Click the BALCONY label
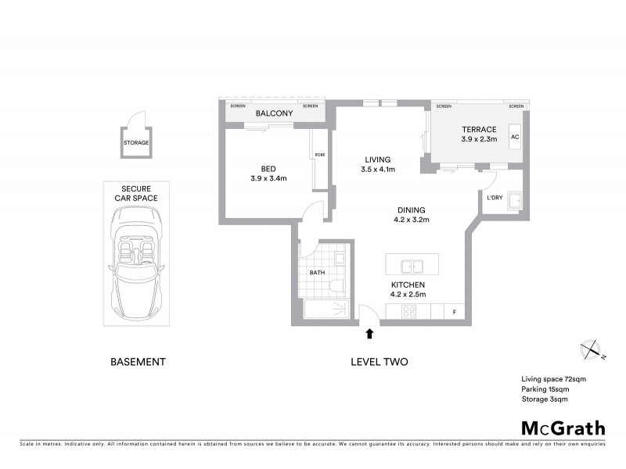point(274,114)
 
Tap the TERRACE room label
point(479,129)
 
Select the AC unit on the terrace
point(515,138)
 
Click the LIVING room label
point(378,159)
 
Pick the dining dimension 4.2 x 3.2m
point(411,220)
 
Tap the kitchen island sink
point(412,264)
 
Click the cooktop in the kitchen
point(408,312)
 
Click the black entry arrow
point(369,334)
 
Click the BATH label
point(317,273)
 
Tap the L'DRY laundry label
point(495,197)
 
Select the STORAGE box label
point(135,143)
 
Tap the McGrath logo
point(563,428)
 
